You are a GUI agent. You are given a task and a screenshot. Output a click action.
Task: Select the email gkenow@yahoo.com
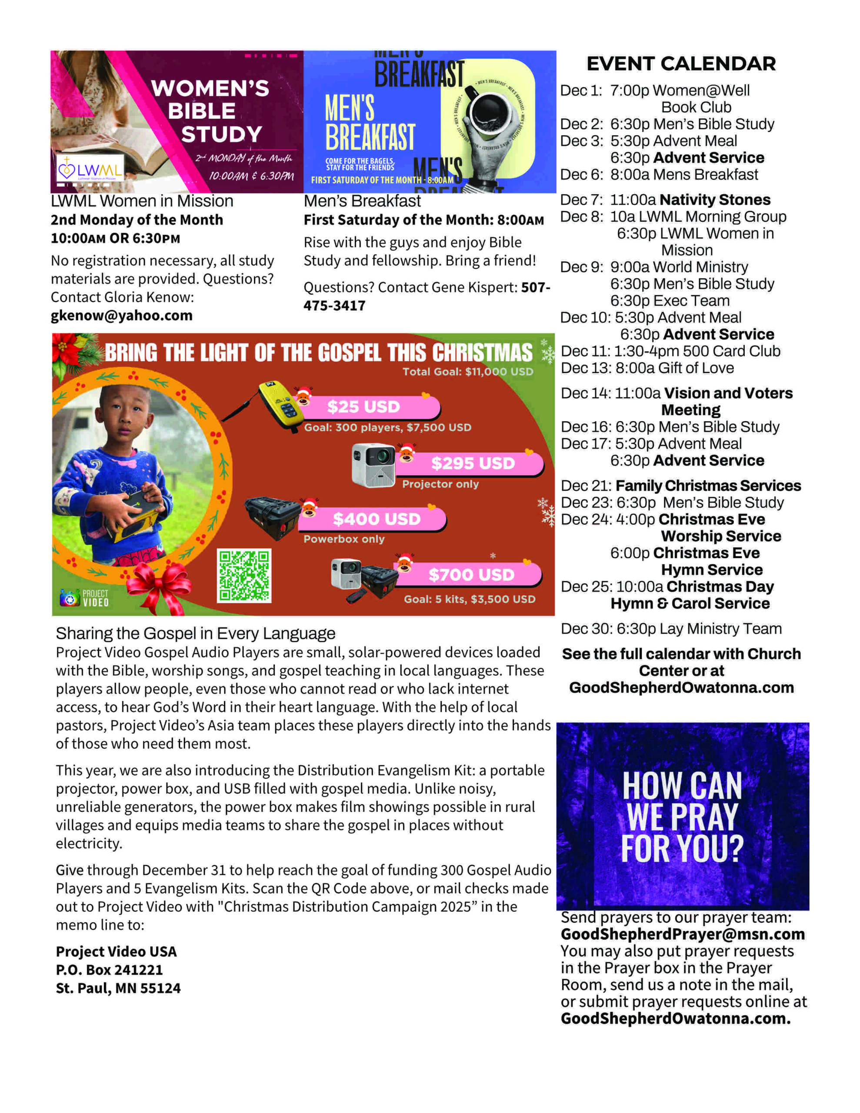pyautogui.click(x=121, y=316)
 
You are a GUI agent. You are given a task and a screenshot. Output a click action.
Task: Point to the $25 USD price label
pyautogui.click(x=363, y=407)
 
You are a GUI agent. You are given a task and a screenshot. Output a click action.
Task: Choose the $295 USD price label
pyautogui.click(x=473, y=463)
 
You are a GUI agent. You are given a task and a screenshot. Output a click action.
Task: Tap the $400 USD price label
pyautogui.click(x=376, y=519)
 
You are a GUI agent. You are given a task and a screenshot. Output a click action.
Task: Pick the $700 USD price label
pyautogui.click(x=471, y=575)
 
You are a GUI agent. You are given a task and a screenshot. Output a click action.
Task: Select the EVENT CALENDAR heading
pyautogui.click(x=681, y=64)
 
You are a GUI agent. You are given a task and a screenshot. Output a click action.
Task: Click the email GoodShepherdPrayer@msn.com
pyautogui.click(x=683, y=934)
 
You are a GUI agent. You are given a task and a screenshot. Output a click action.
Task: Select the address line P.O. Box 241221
pyautogui.click(x=109, y=970)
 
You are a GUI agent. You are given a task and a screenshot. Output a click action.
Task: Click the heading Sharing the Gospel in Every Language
pyautogui.click(x=195, y=633)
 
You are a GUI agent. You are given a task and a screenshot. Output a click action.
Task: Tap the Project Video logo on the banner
pyautogui.click(x=85, y=598)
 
